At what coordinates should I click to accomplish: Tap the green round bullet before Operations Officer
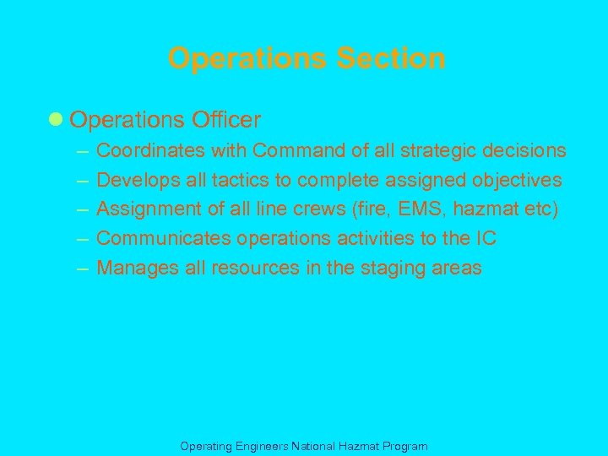[x=56, y=120]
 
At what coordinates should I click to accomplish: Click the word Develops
[x=134, y=180]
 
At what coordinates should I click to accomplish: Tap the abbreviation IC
[x=486, y=239]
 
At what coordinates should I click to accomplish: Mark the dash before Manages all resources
[x=82, y=269]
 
